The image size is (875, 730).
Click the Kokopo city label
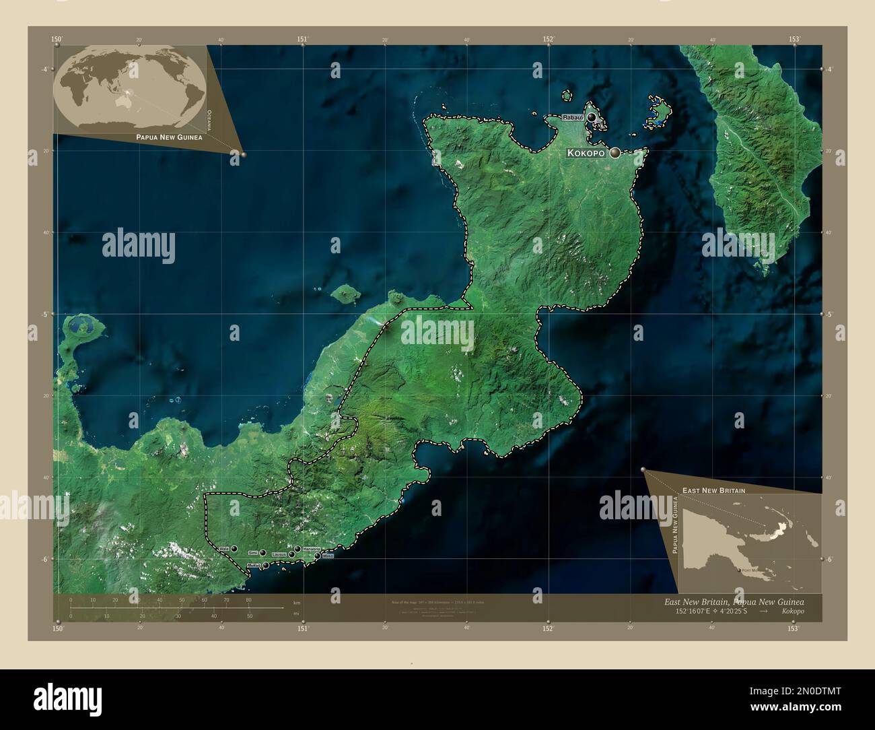point(587,154)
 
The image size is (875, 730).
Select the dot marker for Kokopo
point(615,154)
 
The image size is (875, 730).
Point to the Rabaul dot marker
point(591,118)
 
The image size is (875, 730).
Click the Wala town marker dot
point(234,549)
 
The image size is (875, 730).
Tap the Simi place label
point(252,553)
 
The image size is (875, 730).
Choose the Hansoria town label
point(312,550)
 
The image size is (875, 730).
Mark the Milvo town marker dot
point(318,556)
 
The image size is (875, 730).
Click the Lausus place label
point(279,555)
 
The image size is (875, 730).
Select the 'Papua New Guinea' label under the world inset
point(169,137)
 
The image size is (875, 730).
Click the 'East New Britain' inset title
point(713,490)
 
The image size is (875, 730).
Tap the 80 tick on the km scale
point(248,600)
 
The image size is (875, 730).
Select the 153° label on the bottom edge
point(794,628)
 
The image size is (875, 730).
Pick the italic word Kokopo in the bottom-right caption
point(792,611)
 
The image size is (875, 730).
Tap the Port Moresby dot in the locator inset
point(739,571)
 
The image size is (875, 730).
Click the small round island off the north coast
point(345,294)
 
